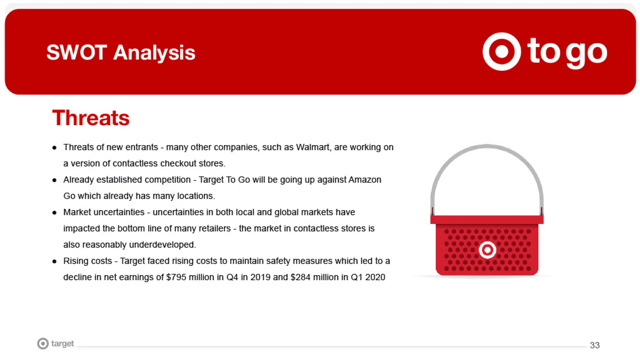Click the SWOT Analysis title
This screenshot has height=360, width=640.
(121, 53)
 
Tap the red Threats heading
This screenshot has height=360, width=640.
(91, 118)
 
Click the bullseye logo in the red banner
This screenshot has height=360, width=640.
(502, 52)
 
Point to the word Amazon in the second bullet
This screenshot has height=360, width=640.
(365, 180)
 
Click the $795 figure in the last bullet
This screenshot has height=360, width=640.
(176, 277)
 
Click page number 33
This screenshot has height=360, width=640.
(595, 345)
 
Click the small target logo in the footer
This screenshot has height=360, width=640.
(55, 344)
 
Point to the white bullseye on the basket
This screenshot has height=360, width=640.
(487, 250)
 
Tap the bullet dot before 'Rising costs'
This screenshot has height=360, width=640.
(54, 262)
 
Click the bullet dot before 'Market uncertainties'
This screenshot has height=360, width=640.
(54, 213)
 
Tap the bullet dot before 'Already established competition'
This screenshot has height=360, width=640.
(54, 181)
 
